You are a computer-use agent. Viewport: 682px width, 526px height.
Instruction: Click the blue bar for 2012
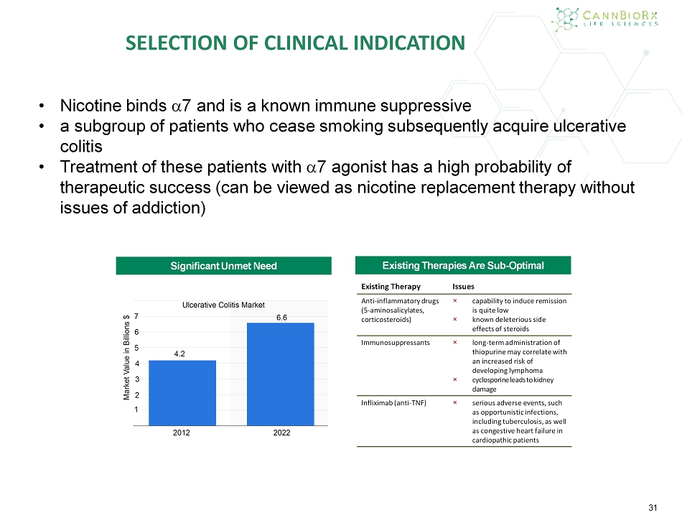pos(182,393)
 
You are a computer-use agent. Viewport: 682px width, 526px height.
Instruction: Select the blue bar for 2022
pos(281,374)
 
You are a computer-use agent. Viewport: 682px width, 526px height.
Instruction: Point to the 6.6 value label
pos(282,318)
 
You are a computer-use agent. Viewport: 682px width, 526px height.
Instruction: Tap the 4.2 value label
pos(179,354)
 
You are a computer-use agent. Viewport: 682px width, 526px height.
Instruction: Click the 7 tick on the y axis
pos(136,316)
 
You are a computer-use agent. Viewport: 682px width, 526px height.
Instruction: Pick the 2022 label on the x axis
pos(281,433)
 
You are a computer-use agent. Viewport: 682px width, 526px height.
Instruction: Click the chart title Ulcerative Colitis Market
pos(223,305)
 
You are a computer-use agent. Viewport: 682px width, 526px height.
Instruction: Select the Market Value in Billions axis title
pos(126,357)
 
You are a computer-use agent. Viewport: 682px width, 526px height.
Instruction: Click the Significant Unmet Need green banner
pos(223,266)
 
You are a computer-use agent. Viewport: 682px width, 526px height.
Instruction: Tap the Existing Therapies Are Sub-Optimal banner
pos(463,265)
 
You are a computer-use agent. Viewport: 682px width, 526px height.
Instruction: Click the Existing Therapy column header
pos(391,287)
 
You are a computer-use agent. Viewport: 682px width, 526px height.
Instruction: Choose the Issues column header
pos(463,287)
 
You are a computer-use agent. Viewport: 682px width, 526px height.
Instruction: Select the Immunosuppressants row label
pos(396,343)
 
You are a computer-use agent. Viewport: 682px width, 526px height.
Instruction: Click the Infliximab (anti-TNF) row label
pos(393,403)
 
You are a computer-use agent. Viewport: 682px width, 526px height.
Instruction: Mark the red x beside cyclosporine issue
pos(455,379)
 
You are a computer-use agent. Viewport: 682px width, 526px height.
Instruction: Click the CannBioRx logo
pos(604,19)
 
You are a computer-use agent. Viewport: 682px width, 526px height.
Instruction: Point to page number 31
pos(653,508)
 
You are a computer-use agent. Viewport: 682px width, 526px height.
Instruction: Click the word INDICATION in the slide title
pos(409,42)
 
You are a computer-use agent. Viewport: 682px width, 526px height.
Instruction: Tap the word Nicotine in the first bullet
pos(90,106)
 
